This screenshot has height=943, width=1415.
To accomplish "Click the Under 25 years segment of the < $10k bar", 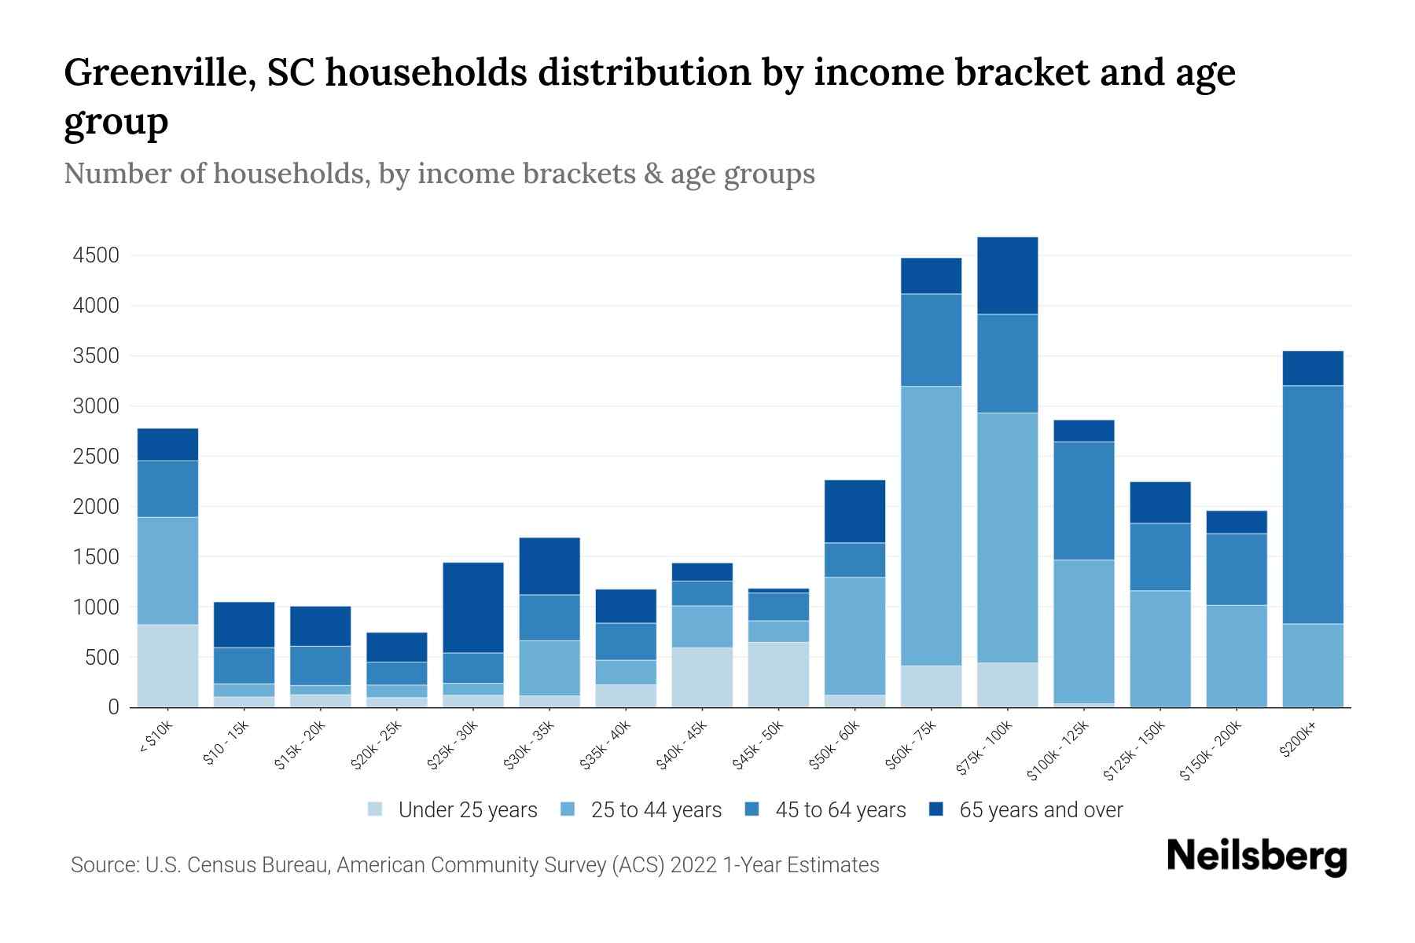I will coord(167,666).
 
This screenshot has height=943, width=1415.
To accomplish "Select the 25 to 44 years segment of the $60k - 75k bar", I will coord(931,526).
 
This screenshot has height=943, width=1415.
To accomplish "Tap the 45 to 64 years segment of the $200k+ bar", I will coord(1313,505).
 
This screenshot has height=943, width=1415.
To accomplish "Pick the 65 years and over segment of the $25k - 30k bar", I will coord(473,607).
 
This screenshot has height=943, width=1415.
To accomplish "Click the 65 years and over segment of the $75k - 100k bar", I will coord(1007,276).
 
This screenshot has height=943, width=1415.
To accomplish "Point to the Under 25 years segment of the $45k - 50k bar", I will coord(778,674).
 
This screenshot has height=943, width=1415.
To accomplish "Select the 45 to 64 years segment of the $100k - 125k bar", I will coord(1084,501).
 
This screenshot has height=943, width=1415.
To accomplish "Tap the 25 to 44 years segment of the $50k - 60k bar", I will coord(855,636).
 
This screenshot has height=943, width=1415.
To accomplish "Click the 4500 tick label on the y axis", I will coord(96,255).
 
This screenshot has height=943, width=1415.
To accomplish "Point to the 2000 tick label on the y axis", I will coord(96,507).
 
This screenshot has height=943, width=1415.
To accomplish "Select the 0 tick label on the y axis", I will coord(113,707).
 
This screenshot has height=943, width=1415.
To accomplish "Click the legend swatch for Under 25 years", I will coord(376,809).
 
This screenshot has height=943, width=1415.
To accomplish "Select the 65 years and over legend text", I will coord(1041,809).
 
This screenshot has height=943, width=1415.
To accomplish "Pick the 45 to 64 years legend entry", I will coord(825,809).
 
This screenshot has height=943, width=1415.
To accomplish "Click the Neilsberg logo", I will coord(1256,857).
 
